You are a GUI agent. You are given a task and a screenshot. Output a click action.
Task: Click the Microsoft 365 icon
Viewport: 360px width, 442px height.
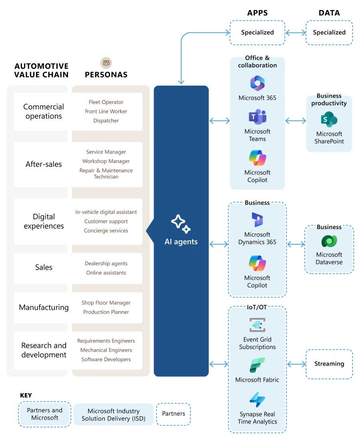[257, 83]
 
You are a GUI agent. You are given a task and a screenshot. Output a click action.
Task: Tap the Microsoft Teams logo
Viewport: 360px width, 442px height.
[257, 117]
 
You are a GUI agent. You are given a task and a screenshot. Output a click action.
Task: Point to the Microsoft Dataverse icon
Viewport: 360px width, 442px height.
[329, 241]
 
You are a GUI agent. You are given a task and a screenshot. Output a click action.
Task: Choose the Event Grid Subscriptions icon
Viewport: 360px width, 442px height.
[257, 325]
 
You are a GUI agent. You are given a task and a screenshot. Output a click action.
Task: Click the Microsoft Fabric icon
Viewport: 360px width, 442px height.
[257, 365]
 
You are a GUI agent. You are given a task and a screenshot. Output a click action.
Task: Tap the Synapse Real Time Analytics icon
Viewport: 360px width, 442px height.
[257, 400]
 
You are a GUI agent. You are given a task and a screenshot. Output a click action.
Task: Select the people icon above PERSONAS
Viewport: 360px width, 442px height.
[106, 63]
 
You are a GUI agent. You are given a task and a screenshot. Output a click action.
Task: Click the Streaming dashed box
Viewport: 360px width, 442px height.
[329, 364]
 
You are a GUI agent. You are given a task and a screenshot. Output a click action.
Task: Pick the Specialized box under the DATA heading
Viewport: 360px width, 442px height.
[329, 33]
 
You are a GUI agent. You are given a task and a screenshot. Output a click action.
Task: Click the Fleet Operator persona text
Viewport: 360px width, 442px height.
[106, 102]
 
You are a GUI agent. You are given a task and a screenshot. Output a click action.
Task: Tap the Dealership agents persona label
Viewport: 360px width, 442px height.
[106, 264]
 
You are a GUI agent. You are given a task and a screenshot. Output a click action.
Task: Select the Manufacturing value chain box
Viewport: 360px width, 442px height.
[44, 308]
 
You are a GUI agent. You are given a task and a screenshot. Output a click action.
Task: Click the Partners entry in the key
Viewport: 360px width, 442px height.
[173, 414]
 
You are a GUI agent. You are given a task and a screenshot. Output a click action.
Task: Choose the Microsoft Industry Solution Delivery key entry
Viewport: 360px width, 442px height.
[114, 414]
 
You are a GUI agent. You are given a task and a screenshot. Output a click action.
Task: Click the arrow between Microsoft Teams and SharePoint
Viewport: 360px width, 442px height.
[296, 120]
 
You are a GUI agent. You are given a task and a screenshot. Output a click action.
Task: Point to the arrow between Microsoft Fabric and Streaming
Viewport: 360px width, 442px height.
[296, 364]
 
